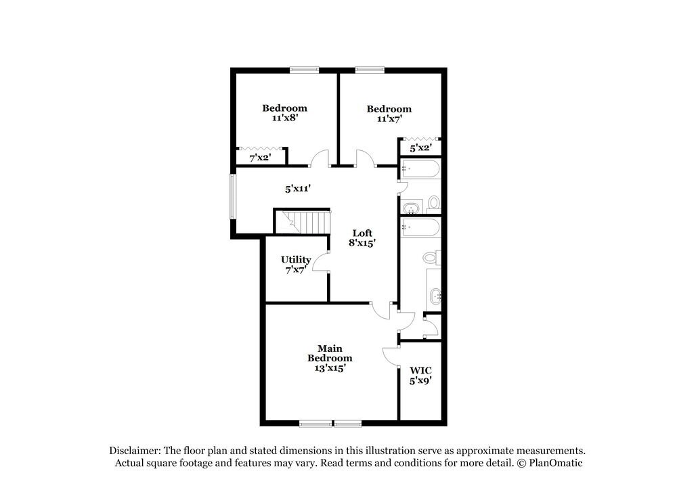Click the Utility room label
tap(296, 260)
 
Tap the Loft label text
tap(363, 233)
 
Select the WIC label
tap(420, 371)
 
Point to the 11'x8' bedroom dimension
tap(284, 117)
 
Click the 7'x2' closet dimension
tap(259, 158)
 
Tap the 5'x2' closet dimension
tap(420, 147)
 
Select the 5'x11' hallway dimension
tap(297, 189)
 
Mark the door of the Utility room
tap(322, 259)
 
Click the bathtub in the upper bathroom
tap(420, 169)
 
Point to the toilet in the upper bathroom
tap(434, 203)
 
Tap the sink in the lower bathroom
tap(435, 295)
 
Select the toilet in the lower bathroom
tap(431, 258)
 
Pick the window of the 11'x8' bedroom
tap(304, 68)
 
